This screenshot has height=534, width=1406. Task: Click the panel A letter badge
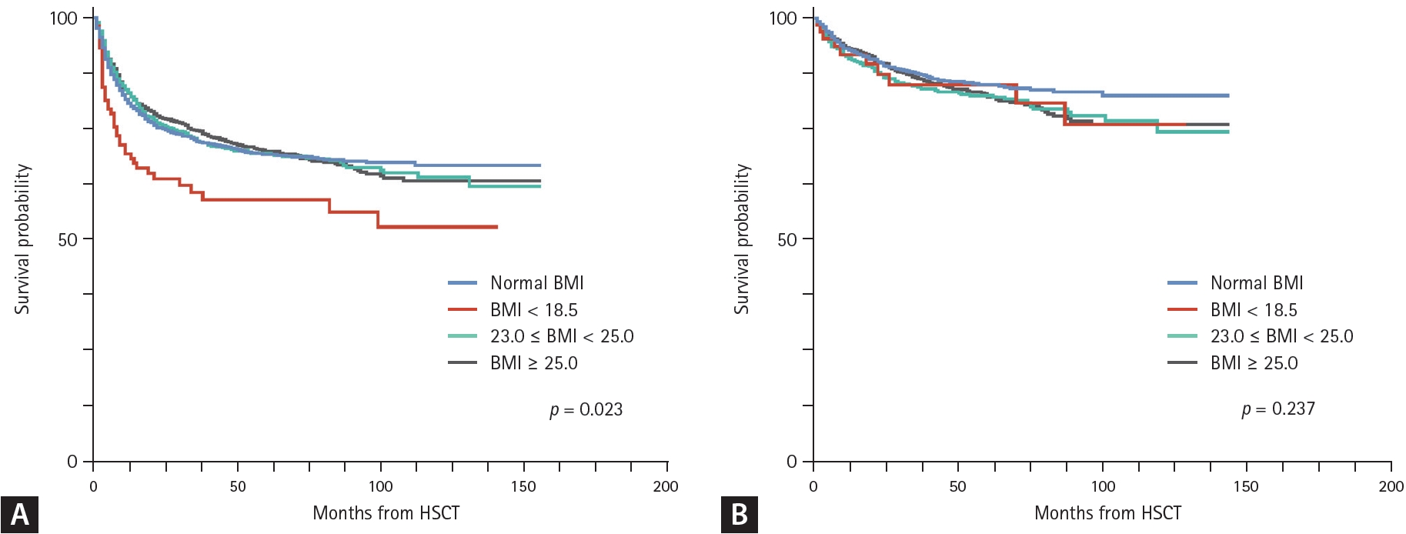click(19, 514)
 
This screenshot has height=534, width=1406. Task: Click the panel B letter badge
click(739, 514)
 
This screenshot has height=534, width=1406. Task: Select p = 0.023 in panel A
click(586, 409)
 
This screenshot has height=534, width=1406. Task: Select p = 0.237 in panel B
click(1278, 409)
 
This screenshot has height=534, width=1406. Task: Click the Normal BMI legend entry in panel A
click(536, 283)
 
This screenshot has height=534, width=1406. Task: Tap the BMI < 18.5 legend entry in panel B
click(1253, 310)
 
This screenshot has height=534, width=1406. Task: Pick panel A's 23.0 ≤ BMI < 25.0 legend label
click(562, 336)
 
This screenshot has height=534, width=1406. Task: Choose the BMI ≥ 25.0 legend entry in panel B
click(1254, 363)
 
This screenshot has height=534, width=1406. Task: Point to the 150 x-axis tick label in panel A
click(523, 486)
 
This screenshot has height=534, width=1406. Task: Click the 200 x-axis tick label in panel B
click(1391, 486)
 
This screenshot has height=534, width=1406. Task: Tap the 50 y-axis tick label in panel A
click(68, 239)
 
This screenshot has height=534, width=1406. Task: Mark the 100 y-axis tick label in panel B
click(783, 18)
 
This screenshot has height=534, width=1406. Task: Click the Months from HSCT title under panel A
click(386, 513)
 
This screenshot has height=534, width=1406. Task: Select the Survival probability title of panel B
click(742, 239)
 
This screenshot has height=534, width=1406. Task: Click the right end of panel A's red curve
click(496, 227)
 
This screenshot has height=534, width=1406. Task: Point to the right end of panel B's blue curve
click(1227, 95)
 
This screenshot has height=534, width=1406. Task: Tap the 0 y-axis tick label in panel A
click(72, 462)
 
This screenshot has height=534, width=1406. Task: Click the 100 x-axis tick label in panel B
click(1103, 486)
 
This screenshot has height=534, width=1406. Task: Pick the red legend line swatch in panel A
click(463, 310)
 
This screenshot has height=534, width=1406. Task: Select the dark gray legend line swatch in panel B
click(1182, 362)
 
